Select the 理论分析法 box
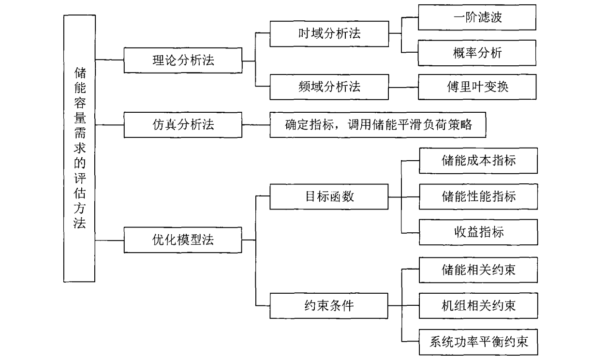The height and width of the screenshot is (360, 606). coord(182,60)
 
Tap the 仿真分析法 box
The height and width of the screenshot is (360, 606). coord(182,124)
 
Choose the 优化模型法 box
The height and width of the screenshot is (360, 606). coord(182,240)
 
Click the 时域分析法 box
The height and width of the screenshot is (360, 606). coord(329,34)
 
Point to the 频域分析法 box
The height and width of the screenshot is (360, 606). coord(329,87)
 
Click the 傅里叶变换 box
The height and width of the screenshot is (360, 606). coord(477,87)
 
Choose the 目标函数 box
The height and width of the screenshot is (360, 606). coord(329,196)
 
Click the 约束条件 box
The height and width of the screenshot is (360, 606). coord(329,305)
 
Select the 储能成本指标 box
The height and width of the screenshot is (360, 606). coord(477,161)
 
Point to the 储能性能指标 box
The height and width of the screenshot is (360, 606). coord(477,196)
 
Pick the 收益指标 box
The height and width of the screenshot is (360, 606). coord(477,232)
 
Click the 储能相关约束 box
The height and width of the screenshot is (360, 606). coord(477,270)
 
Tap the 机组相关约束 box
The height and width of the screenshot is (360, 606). coord(477,305)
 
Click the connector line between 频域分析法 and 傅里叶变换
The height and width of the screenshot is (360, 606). coord(403,87)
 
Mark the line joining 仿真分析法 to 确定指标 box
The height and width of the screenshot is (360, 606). coord(255,124)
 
